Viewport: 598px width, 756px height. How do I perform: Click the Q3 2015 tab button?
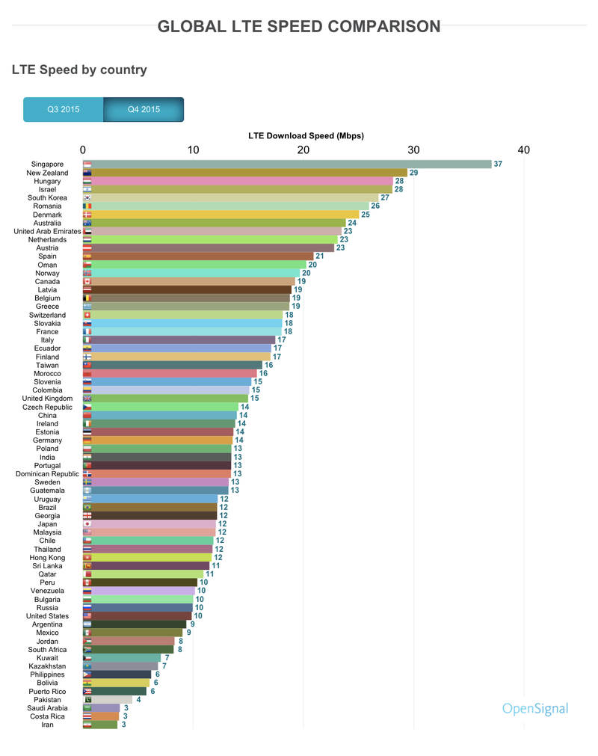(64, 109)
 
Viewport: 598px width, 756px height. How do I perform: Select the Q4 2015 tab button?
(144, 109)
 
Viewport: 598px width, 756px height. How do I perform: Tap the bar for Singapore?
(287, 165)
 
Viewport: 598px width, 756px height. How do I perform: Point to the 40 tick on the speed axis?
(523, 150)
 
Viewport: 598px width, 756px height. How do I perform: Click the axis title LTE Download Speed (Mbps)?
(306, 135)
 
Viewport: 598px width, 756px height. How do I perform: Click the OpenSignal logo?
(534, 709)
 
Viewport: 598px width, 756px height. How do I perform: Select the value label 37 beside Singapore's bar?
(498, 165)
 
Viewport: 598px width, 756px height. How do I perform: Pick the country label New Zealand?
(47, 173)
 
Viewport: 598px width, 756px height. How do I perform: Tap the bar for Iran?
(100, 725)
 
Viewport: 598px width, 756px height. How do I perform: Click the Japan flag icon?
(87, 524)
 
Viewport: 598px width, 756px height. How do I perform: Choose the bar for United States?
(137, 616)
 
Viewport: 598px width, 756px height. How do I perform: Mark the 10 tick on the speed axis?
(193, 150)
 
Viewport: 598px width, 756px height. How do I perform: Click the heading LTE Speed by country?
(79, 70)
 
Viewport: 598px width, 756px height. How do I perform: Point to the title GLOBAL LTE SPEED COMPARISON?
(299, 27)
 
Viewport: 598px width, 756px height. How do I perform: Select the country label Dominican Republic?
(47, 474)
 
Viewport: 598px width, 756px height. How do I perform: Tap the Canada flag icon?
(87, 281)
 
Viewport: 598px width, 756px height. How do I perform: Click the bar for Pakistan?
(108, 699)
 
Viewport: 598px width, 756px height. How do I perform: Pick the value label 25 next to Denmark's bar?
(366, 215)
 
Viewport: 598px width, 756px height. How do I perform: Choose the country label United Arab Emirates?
(47, 231)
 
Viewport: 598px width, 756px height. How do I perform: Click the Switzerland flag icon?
(87, 315)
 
